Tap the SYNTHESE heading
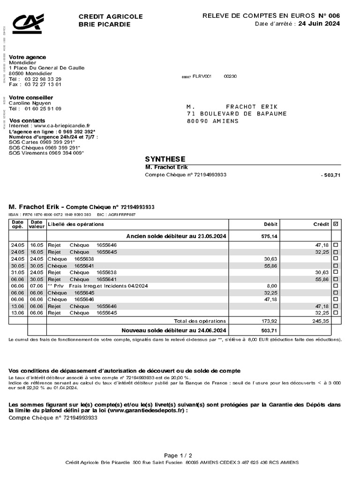coord(165,159)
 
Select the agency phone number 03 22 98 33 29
coord(43,79)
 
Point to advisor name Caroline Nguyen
coord(30,103)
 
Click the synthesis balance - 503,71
coord(330,175)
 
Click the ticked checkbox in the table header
coord(335,225)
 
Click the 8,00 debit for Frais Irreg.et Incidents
coord(272,285)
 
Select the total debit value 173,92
coord(269,321)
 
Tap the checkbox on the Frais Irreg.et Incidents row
coord(335,285)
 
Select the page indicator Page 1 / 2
coord(178,455)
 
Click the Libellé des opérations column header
coord(76,225)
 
